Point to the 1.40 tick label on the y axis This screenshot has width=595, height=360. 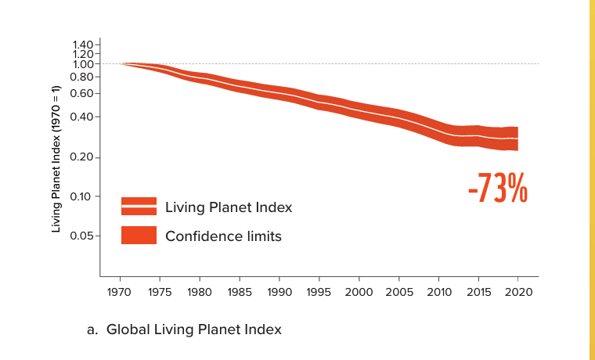click(x=81, y=45)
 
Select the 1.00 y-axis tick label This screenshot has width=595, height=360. click(x=81, y=64)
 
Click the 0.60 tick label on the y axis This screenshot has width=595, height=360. click(x=81, y=93)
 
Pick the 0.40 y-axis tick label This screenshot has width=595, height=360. click(x=81, y=117)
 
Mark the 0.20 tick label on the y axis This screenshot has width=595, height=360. click(x=81, y=158)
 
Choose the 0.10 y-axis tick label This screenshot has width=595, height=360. click(x=81, y=196)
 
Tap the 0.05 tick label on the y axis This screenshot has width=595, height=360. click(x=81, y=236)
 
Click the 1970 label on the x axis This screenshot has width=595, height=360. click(x=120, y=292)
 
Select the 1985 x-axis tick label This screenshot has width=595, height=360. click(x=240, y=292)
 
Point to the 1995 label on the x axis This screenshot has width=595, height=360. click(x=319, y=292)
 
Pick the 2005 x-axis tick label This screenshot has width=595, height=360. click(x=399, y=292)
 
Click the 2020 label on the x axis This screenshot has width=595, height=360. click(x=518, y=292)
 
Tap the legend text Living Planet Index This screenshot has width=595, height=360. click(x=228, y=207)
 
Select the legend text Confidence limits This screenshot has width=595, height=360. click(x=223, y=236)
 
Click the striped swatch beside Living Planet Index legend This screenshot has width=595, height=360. click(x=139, y=207)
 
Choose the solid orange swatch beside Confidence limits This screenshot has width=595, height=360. click(x=139, y=235)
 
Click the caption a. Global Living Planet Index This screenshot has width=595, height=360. click(x=184, y=329)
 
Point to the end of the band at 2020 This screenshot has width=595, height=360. click(x=517, y=139)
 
